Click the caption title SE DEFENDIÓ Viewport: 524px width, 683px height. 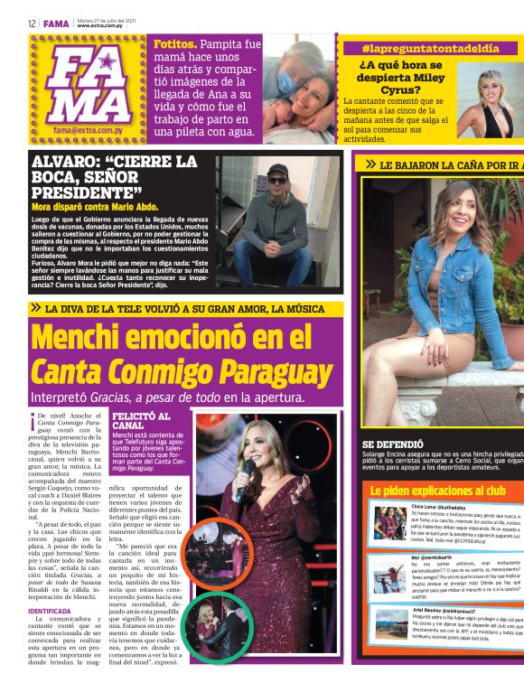(393, 444)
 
